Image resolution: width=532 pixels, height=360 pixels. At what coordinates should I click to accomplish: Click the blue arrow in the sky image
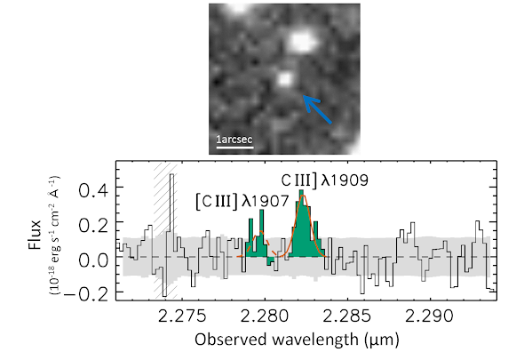[316, 109]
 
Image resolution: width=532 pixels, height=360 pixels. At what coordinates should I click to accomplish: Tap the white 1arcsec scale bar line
[234, 148]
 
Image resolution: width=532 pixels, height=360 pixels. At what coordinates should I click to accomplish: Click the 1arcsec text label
[234, 140]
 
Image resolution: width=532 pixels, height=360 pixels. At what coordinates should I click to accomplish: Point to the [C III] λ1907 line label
[242, 202]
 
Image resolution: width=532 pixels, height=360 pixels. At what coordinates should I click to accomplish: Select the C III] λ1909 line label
[325, 180]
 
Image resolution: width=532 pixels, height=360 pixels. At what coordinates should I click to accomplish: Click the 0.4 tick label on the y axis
[93, 191]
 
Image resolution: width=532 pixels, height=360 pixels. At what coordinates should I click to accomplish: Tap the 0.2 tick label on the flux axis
[93, 226]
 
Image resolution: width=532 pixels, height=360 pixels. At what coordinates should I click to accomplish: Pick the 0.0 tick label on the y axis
[93, 260]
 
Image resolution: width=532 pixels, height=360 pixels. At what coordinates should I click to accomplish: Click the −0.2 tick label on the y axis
[86, 295]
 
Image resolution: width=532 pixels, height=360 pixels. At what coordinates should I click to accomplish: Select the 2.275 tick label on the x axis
[182, 316]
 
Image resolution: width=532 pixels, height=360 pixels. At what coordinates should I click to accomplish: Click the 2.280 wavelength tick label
[265, 316]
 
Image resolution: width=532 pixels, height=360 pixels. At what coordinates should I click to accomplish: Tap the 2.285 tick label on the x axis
[347, 316]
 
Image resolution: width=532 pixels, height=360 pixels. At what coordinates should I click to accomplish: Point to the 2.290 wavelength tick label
[430, 316]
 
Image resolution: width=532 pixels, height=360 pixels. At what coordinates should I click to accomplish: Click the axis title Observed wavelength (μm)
[298, 340]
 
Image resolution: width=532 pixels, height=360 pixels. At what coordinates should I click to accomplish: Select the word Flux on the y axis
[35, 235]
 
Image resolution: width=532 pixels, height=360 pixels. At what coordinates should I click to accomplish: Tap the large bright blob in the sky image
[302, 42]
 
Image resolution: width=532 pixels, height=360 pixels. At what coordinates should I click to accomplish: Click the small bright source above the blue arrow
[285, 79]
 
